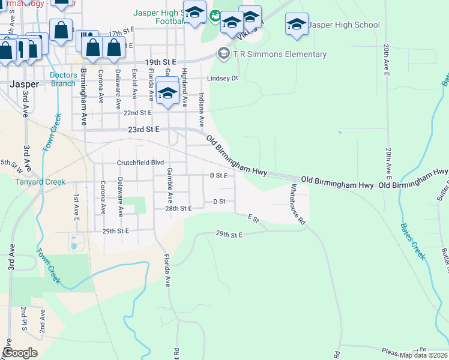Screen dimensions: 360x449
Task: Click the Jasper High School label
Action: tap(344, 25)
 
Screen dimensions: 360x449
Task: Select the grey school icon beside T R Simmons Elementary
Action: tap(224, 54)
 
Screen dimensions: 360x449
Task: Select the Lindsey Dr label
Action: tap(223, 78)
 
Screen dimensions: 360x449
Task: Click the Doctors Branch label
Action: tap(63, 79)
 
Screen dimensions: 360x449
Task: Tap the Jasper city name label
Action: tap(25, 85)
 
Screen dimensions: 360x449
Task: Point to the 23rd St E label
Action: tap(144, 129)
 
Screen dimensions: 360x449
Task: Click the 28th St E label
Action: tap(178, 208)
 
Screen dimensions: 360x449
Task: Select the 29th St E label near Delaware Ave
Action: tap(116, 230)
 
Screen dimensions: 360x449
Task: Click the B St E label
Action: tap(218, 175)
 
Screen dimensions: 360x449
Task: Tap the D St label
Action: tap(220, 202)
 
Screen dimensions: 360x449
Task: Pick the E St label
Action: tap(255, 219)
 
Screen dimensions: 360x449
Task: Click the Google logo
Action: tap(20, 352)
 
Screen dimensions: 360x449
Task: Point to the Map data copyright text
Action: tap(423, 355)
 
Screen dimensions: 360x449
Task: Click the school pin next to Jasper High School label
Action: tap(296, 25)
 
